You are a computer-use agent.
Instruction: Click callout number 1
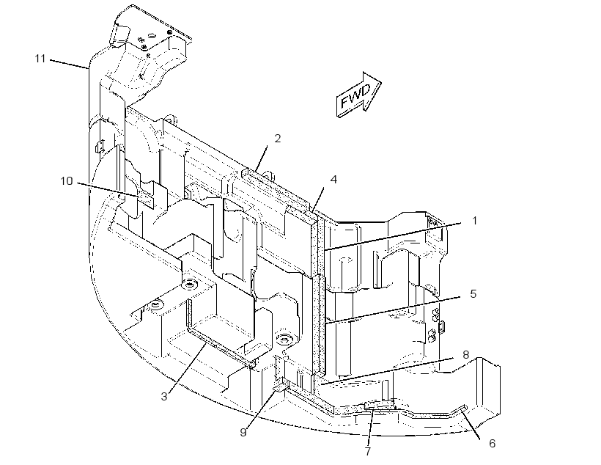474,221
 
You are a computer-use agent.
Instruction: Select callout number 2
278,139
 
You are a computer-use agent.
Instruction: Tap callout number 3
164,397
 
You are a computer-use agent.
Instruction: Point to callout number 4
333,179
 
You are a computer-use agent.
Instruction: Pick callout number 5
473,294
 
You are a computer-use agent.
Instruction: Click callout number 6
492,444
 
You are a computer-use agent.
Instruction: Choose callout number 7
368,451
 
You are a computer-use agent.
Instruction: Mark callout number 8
465,354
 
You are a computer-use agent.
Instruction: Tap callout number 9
243,433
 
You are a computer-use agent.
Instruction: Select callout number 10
67,180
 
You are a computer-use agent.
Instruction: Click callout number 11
40,59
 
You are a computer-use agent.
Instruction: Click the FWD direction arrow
358,95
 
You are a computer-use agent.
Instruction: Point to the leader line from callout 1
392,236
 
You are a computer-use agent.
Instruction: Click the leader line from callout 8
387,370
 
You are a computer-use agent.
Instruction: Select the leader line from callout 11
69,64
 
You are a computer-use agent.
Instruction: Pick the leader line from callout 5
392,310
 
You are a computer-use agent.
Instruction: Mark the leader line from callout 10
108,190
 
